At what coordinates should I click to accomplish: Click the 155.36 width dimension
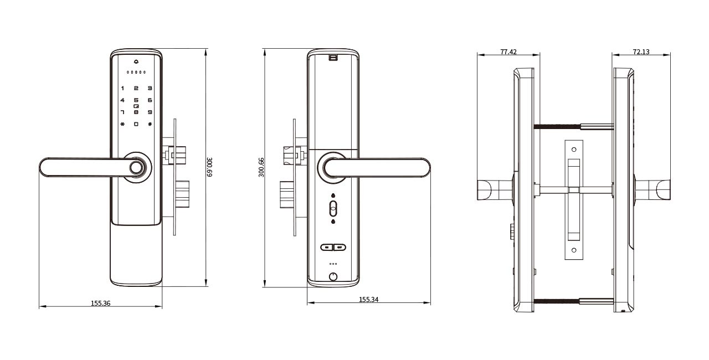click(x=101, y=303)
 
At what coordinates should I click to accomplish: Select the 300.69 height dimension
click(x=209, y=167)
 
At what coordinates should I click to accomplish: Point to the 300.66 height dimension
click(x=261, y=167)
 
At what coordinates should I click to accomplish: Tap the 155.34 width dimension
click(x=369, y=299)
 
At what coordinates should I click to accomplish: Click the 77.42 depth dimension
click(x=508, y=52)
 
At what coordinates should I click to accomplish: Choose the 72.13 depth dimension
click(x=641, y=52)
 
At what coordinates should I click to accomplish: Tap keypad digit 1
click(x=122, y=88)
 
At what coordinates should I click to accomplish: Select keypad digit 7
click(x=122, y=112)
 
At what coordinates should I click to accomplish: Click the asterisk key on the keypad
click(x=122, y=124)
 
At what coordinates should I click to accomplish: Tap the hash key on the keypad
click(x=150, y=124)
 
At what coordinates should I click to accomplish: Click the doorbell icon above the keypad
click(x=136, y=61)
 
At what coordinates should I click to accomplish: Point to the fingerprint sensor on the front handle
click(x=136, y=167)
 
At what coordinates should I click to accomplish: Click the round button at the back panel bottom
click(x=333, y=277)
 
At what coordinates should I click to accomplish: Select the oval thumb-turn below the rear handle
click(x=333, y=208)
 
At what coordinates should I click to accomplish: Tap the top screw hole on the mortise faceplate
click(x=574, y=150)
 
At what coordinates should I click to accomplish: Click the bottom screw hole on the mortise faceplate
click(x=574, y=250)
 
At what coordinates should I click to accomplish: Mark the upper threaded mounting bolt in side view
click(x=573, y=127)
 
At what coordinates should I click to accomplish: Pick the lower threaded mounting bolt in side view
click(x=573, y=301)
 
